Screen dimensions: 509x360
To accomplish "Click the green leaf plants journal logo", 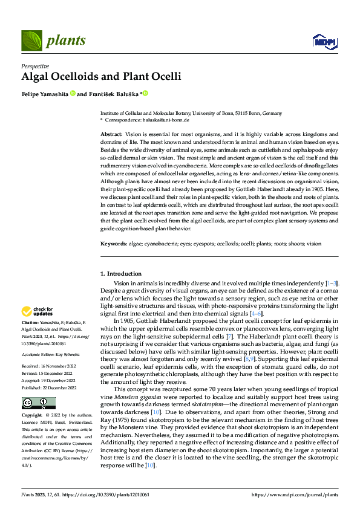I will (x=31, y=41).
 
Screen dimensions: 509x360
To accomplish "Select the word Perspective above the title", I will (x=35, y=66).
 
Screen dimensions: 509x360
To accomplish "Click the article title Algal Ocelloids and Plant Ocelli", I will (x=100, y=77).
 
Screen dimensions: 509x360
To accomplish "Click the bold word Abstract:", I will (x=111, y=133).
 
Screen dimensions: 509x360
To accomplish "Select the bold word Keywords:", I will (x=114, y=244).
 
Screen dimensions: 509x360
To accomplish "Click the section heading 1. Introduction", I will (x=121, y=274).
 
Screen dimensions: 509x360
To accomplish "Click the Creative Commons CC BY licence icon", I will (x=38, y=403).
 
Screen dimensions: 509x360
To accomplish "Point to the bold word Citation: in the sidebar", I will (x=31, y=323).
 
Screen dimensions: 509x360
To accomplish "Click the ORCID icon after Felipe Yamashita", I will (x=72, y=94).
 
